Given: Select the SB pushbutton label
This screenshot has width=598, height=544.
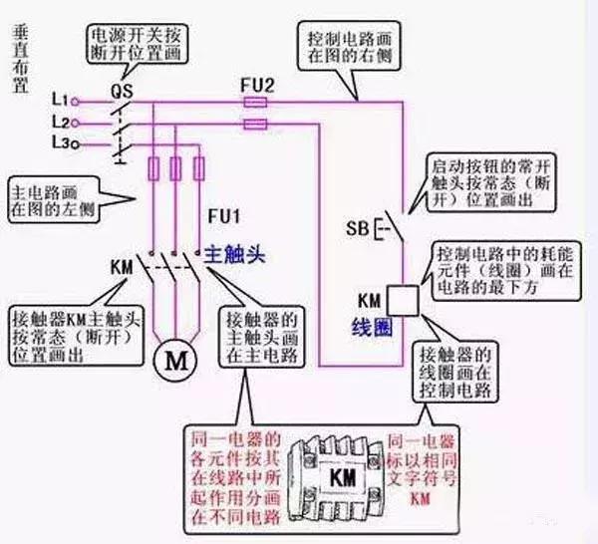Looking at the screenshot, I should (x=357, y=228).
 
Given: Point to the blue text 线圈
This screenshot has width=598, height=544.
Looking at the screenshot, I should (x=370, y=326).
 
